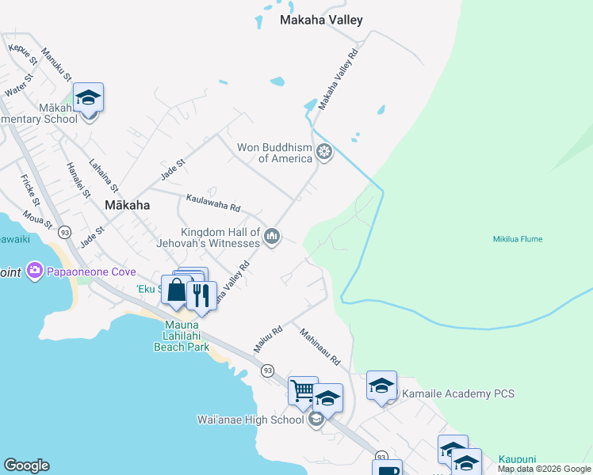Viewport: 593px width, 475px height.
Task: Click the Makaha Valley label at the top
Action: [x=321, y=21]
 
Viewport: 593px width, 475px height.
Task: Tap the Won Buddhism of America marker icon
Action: [x=323, y=151]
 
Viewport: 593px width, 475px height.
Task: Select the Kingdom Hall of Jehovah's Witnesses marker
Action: [x=273, y=236]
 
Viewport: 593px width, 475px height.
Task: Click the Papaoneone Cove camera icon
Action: [x=34, y=272]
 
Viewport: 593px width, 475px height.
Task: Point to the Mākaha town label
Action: [x=127, y=204]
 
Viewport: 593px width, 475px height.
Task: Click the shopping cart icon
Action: [x=302, y=389]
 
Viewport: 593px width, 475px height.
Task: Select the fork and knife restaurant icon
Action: [x=201, y=294]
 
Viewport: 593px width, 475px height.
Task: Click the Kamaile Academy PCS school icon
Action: [x=381, y=386]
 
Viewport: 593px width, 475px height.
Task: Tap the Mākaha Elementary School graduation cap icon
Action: [x=89, y=97]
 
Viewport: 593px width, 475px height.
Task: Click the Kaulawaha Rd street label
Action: [x=212, y=203]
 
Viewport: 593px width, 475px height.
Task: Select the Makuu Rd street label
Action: [x=268, y=340]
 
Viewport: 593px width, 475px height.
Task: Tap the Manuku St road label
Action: [x=57, y=66]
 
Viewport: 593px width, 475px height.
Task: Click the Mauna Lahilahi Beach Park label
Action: [x=181, y=336]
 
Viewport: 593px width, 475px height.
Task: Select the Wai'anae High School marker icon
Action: [x=316, y=420]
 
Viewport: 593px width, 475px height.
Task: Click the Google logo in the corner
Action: [x=26, y=465]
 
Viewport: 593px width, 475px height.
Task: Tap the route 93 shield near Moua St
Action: [x=64, y=231]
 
